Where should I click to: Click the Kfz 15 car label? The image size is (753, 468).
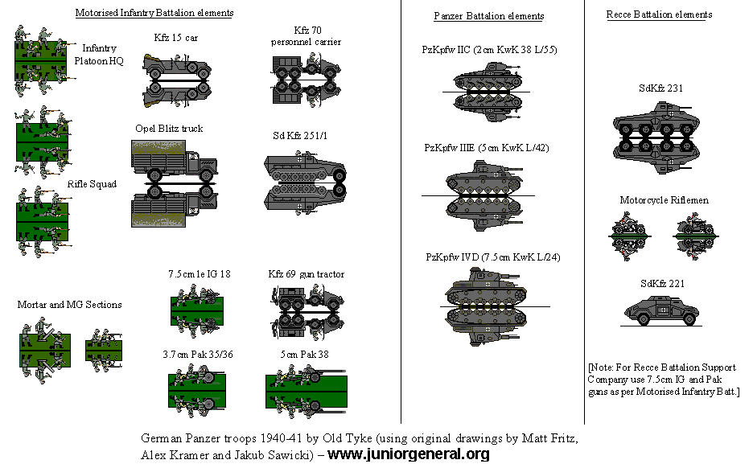point(176,38)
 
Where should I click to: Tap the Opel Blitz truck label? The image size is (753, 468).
point(169,129)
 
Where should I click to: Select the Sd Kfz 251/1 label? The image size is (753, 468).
point(300,135)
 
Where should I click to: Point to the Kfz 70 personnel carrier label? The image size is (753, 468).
point(306,35)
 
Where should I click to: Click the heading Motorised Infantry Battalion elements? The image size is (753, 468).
point(154,13)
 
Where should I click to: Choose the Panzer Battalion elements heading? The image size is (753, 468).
point(488,16)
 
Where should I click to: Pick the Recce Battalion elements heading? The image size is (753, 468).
point(659,14)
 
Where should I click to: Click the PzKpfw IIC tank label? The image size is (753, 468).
point(489,50)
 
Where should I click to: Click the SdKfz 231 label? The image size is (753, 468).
point(661,88)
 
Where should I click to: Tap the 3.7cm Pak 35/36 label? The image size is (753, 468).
point(199,355)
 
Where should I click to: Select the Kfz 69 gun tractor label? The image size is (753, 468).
point(306,274)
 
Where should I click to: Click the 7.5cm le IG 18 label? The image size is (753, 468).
point(200,274)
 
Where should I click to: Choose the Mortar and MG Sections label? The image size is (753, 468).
point(70,305)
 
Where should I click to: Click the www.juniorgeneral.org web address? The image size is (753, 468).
point(409,454)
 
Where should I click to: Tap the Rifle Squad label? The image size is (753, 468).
point(92,184)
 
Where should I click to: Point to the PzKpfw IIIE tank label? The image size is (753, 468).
point(487,148)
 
